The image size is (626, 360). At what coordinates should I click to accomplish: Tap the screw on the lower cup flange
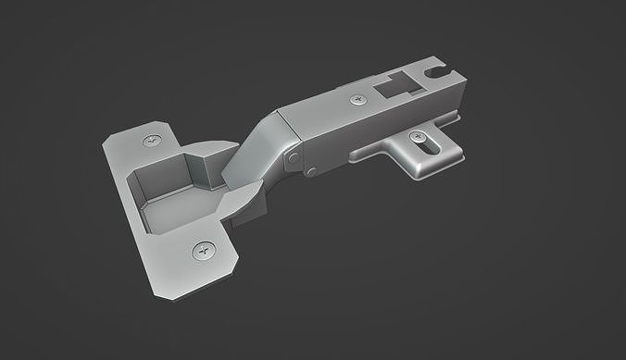tap(204, 250)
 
